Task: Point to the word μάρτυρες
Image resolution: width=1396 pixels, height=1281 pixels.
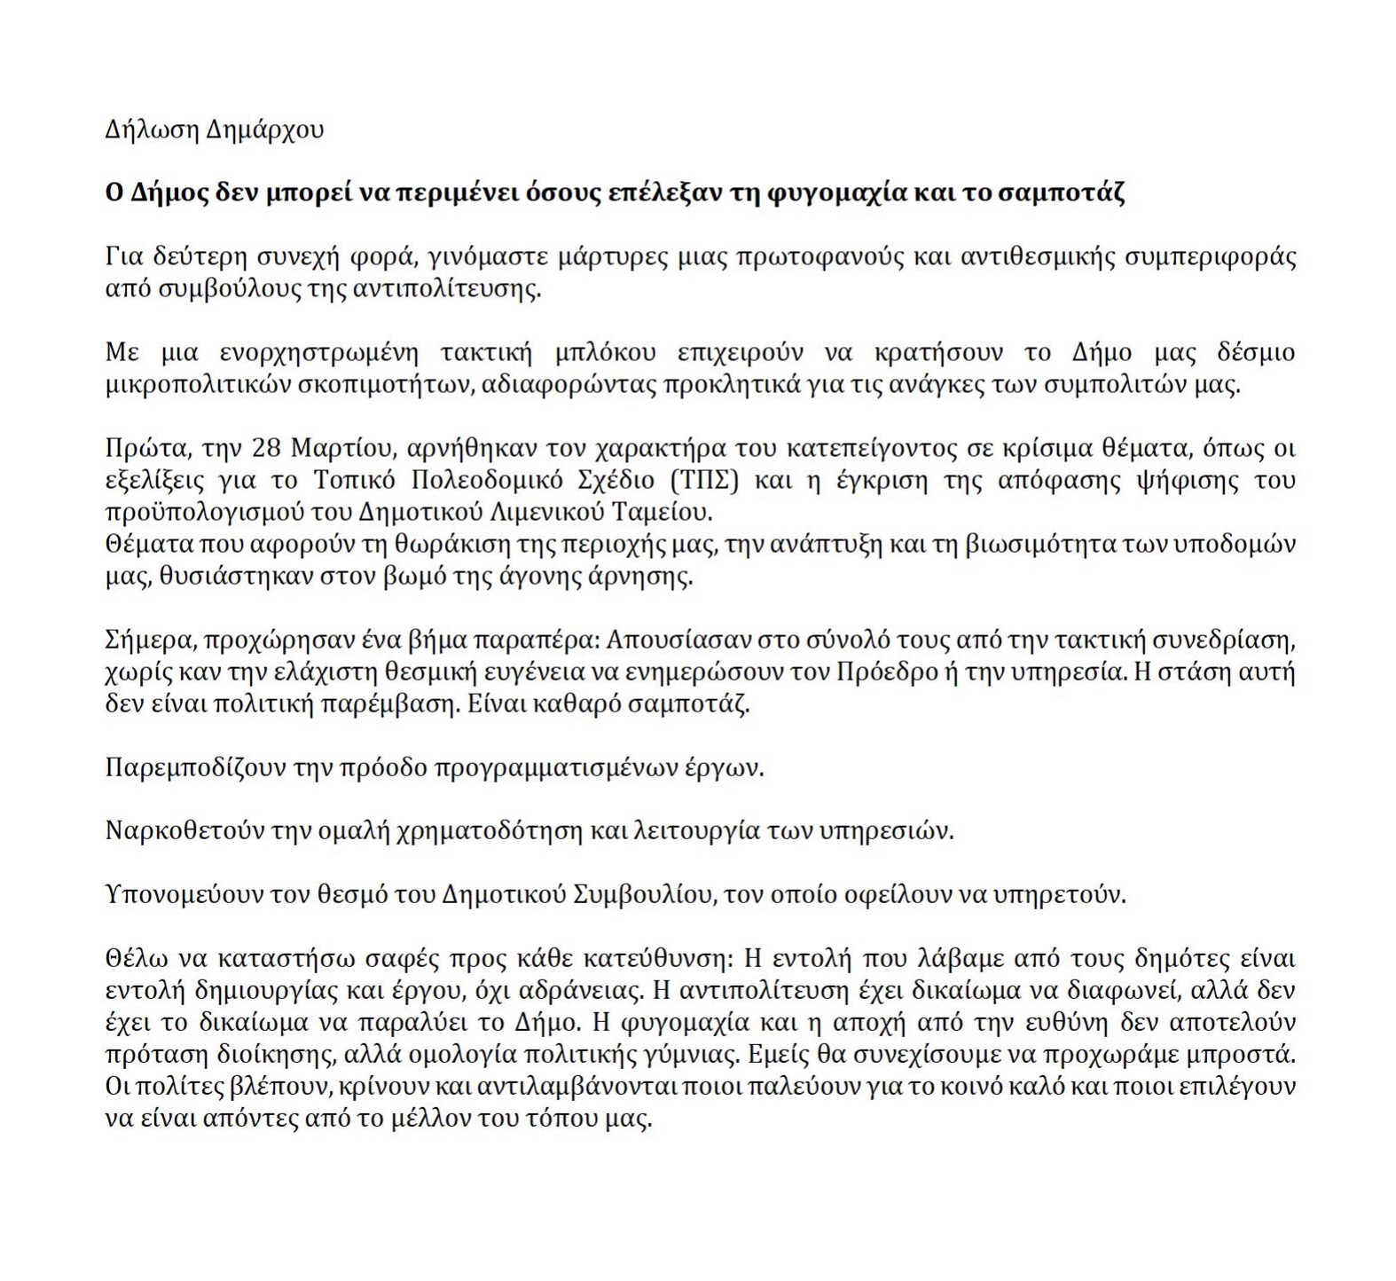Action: (611, 258)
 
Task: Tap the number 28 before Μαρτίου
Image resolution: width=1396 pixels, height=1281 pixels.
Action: (267, 449)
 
